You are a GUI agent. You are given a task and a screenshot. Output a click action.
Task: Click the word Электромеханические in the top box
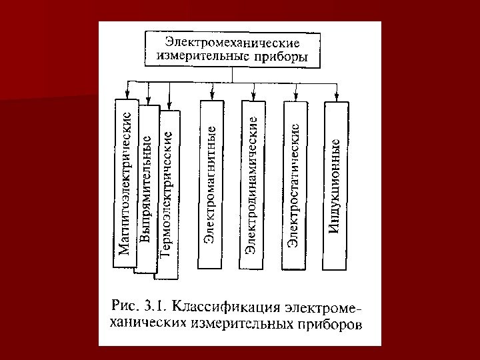pos(232,41)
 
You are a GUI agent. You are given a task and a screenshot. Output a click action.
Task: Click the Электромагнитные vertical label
pos(209,183)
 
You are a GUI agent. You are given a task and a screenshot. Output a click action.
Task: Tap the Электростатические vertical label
pos(293,183)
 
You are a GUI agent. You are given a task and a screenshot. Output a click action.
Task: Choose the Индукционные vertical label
pos(335,185)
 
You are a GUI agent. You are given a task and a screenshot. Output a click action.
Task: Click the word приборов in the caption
pos(330,326)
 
